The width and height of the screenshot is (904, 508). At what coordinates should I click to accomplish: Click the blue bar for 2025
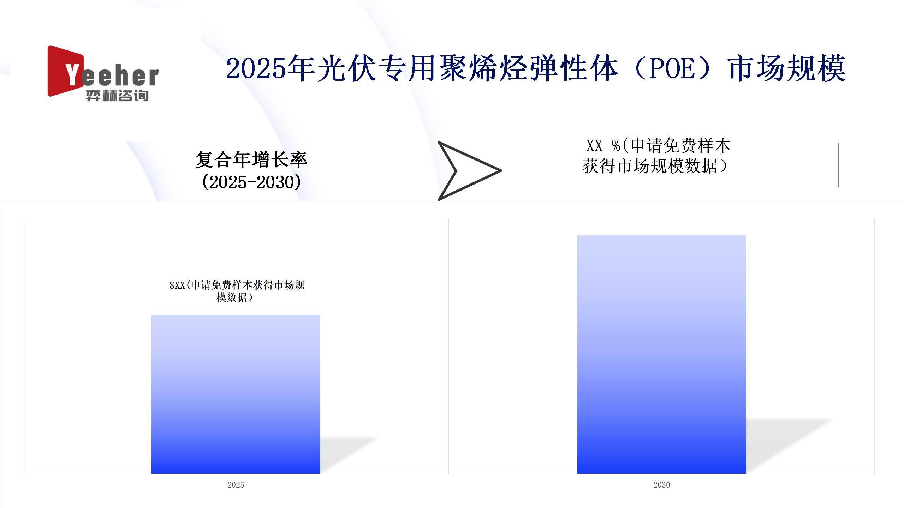pyautogui.click(x=236, y=394)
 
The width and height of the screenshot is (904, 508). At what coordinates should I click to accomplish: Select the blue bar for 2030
pyautogui.click(x=662, y=354)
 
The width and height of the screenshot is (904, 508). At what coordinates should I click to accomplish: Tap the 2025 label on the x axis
pyautogui.click(x=236, y=485)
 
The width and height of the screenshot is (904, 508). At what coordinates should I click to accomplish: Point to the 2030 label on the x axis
pyautogui.click(x=662, y=485)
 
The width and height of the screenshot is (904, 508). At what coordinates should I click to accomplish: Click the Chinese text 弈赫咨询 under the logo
pyautogui.click(x=117, y=95)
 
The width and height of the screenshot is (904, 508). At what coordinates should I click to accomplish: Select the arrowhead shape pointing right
pyautogui.click(x=470, y=171)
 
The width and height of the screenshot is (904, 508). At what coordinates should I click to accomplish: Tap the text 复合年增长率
pyautogui.click(x=251, y=159)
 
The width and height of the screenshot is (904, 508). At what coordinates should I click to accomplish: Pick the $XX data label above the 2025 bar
pyautogui.click(x=237, y=291)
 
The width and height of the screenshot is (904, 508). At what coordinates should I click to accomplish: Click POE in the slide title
pyautogui.click(x=671, y=68)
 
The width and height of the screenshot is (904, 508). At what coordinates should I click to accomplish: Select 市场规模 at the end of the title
pyautogui.click(x=787, y=68)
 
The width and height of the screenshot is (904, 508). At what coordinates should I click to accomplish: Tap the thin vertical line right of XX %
pyautogui.click(x=838, y=165)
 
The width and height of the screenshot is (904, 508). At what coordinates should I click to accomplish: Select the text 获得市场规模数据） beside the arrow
pyautogui.click(x=655, y=166)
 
